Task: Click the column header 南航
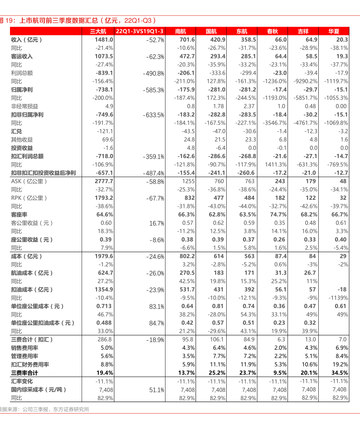[180, 31]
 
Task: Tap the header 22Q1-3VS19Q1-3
[140, 31]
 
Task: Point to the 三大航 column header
[98, 31]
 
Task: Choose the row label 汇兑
[16, 131]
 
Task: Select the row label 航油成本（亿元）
[32, 273]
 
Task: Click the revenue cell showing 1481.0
[104, 40]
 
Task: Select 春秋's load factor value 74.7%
[278, 214]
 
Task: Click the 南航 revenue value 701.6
[187, 40]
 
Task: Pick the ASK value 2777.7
[104, 181]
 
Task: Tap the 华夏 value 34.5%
[340, 373]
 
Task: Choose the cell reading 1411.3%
[276, 164]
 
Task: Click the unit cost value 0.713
[104, 306]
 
